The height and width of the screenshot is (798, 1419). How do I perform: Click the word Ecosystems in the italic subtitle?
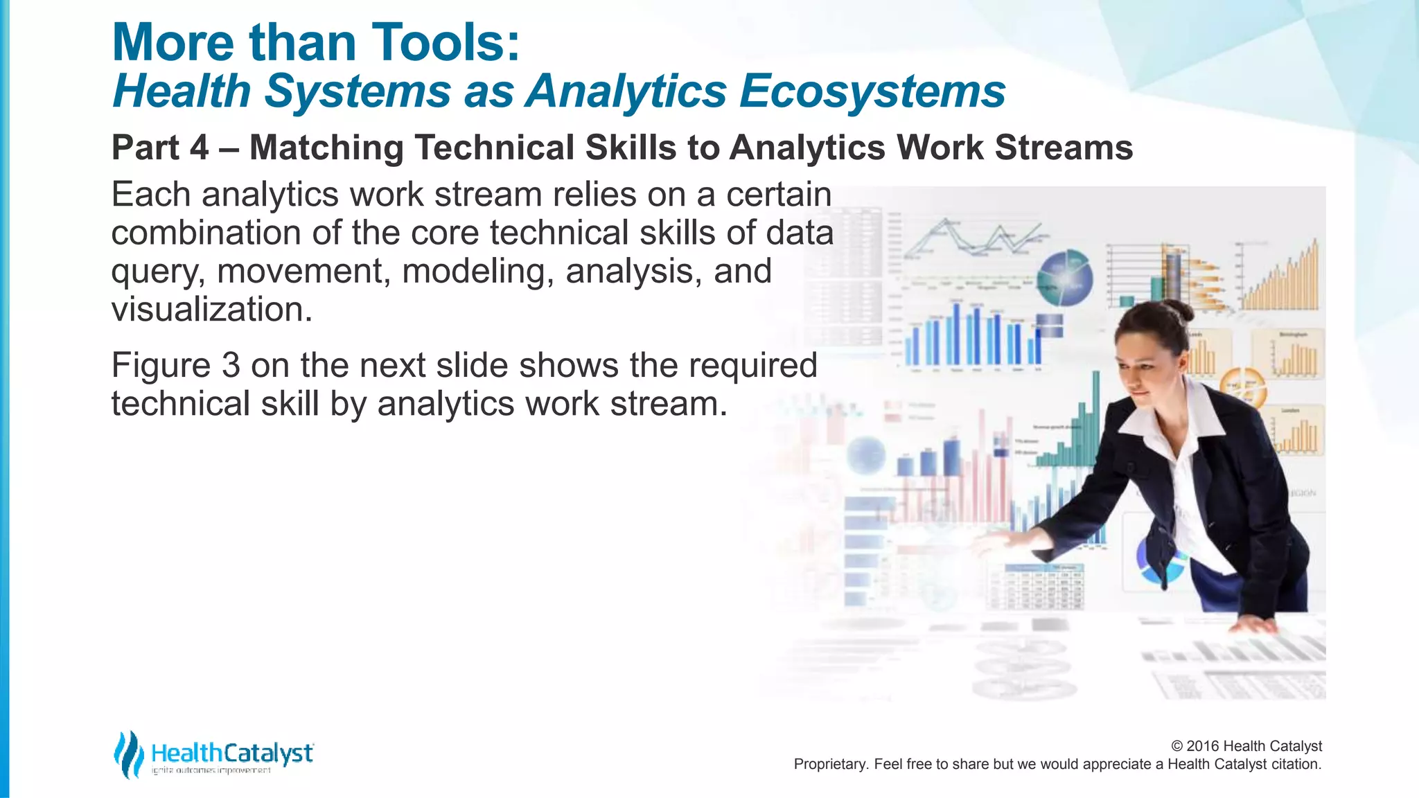click(872, 91)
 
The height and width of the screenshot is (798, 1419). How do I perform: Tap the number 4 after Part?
click(199, 148)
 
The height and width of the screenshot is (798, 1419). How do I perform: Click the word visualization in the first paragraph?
click(212, 310)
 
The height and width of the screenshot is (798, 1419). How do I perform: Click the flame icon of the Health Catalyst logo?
click(128, 754)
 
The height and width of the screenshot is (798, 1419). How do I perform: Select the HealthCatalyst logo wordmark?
click(232, 753)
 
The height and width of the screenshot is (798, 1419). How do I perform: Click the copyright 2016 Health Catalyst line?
click(1246, 746)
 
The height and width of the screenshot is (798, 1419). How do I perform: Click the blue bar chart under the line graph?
click(970, 336)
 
